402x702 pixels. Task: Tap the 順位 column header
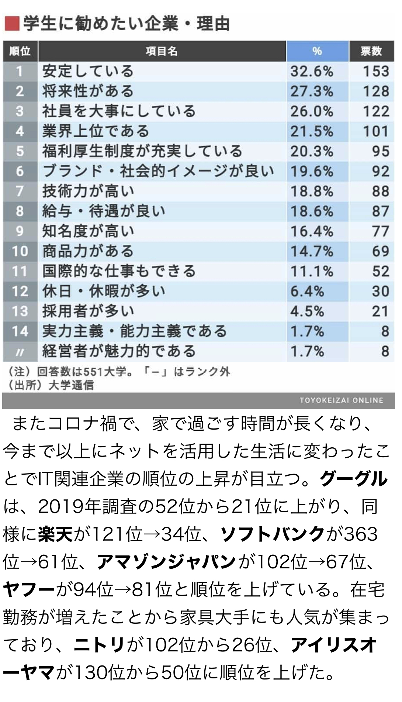click(x=20, y=51)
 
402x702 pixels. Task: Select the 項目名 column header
click(x=162, y=51)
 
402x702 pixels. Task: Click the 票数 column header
click(x=371, y=51)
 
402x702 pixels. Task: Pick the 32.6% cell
click(x=312, y=71)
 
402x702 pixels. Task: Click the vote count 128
click(x=376, y=91)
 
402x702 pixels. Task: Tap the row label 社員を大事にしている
click(x=119, y=111)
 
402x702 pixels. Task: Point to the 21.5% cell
click(x=312, y=131)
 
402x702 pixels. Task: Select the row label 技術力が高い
click(x=88, y=191)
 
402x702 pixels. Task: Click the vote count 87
click(x=380, y=211)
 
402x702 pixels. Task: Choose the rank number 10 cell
click(x=20, y=251)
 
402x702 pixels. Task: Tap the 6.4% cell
click(x=307, y=291)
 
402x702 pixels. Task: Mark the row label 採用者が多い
click(x=88, y=311)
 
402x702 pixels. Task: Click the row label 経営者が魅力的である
click(x=119, y=351)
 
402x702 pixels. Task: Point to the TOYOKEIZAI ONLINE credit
click(x=341, y=400)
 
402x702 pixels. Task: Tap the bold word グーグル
click(x=354, y=479)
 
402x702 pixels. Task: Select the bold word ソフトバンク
click(x=272, y=534)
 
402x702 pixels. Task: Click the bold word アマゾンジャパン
click(x=166, y=562)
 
